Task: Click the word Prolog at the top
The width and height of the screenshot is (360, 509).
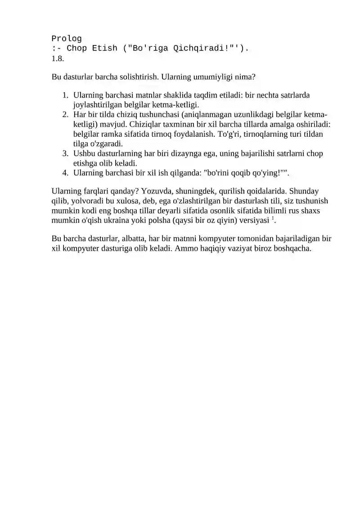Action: (67, 38)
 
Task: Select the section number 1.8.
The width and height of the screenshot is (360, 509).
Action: (58, 58)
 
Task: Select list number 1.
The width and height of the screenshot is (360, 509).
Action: (65, 95)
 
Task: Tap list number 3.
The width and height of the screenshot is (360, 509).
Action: (65, 153)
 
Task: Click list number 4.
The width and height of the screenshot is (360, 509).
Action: (65, 172)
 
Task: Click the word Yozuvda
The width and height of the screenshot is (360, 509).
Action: (154, 191)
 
